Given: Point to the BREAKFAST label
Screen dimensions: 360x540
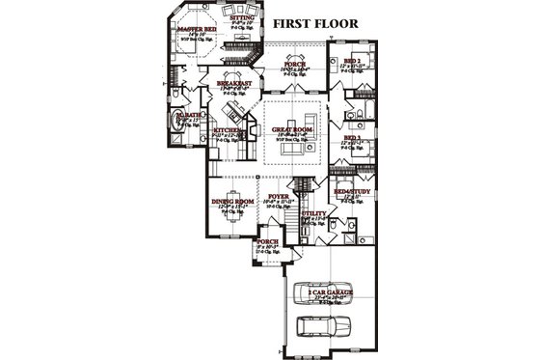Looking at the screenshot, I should coord(234,84).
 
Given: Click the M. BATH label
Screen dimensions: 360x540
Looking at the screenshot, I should coord(187,114).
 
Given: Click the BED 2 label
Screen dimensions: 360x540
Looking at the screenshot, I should coord(352,61).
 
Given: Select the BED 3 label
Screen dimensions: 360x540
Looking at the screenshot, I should coord(352,138).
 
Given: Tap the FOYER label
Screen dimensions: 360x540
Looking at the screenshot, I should coord(280,197).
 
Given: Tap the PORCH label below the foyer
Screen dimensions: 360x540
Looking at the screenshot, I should coord(266,242).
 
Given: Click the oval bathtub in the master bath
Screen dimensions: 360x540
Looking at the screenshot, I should coord(175,122).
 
